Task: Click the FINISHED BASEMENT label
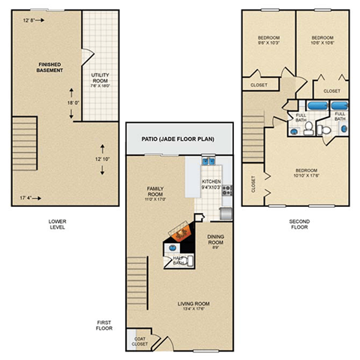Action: coord(49,68)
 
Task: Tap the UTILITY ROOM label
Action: coord(100,80)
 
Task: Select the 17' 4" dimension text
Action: coord(26,197)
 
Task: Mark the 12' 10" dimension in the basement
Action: coord(102,158)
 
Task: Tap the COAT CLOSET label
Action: coord(139,340)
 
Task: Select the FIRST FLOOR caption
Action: coord(104,325)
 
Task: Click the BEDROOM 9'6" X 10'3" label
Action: coord(269,40)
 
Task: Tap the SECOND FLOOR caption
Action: coord(298,225)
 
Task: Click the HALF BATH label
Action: coord(181,259)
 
